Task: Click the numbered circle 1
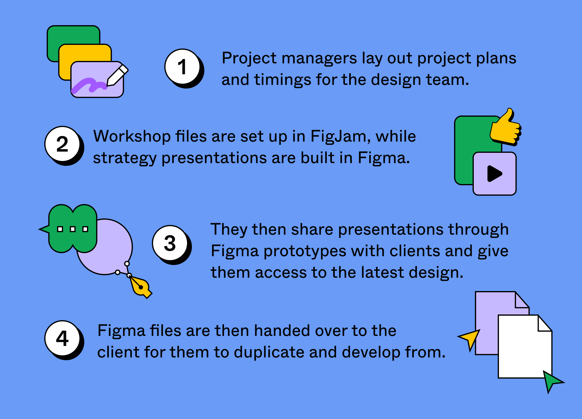(x=182, y=66)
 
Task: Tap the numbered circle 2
(x=62, y=144)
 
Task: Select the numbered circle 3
(x=170, y=243)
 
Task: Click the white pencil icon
(x=117, y=75)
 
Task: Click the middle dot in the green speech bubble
(x=73, y=229)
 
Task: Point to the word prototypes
(x=305, y=251)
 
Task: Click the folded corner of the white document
(x=544, y=324)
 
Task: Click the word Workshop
(x=132, y=136)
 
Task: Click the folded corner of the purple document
(x=521, y=300)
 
